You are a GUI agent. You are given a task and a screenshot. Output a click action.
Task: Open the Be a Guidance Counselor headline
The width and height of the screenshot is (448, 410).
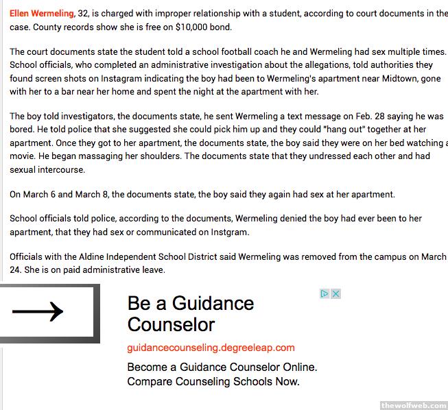(x=191, y=313)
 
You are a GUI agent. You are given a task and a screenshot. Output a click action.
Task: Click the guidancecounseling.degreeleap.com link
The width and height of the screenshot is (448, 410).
(x=211, y=348)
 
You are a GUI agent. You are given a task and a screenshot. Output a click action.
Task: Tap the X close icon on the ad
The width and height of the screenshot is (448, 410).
(x=336, y=294)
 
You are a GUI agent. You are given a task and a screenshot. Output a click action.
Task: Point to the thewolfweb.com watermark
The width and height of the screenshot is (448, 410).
(x=414, y=405)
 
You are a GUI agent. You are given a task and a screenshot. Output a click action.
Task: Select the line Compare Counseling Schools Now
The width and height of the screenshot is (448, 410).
(x=213, y=382)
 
